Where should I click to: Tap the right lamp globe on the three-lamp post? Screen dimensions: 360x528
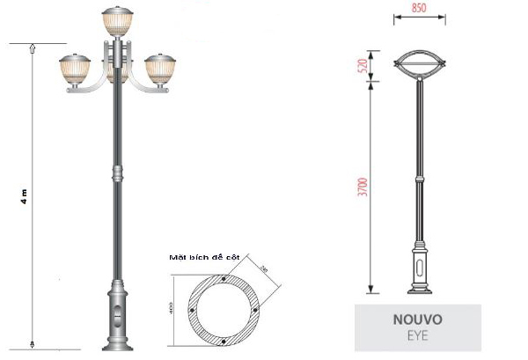159,70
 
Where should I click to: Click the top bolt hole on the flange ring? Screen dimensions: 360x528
226,279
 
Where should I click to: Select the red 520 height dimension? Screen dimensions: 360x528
363,66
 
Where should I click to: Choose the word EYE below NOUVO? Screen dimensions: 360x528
417,335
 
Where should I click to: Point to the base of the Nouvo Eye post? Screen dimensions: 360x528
420,277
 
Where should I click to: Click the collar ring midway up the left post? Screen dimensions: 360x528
115,173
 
